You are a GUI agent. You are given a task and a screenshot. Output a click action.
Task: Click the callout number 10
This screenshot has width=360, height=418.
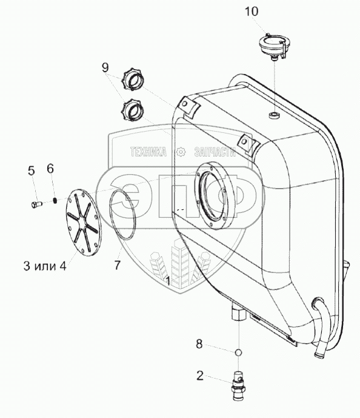click(x=252, y=12)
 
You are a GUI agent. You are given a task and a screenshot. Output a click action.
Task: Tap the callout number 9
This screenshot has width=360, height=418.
click(x=105, y=67)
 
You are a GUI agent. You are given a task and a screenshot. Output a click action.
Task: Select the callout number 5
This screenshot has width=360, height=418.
click(x=32, y=170)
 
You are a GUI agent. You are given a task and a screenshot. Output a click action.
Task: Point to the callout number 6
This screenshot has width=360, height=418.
click(x=50, y=169)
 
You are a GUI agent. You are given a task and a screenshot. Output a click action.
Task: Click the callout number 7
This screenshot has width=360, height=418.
click(x=118, y=265)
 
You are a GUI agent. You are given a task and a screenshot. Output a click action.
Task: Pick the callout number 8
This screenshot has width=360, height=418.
click(x=199, y=344)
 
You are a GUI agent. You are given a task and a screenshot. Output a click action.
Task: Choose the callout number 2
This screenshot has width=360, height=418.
click(x=200, y=376)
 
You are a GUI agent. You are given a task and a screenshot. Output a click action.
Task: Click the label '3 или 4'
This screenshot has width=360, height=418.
click(x=45, y=266)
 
